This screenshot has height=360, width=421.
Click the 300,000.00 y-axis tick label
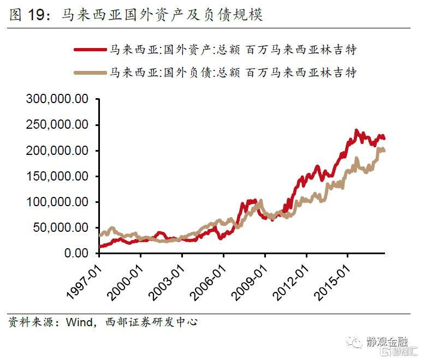pyautogui.click(x=57, y=99)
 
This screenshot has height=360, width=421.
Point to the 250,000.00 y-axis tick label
pyautogui.click(x=57, y=125)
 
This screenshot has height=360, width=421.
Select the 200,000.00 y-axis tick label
pyautogui.click(x=57, y=151)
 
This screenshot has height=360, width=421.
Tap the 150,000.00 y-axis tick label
pyautogui.click(x=57, y=176)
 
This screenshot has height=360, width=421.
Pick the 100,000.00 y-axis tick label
pyautogui.click(x=57, y=202)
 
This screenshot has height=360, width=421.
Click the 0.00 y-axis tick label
pyautogui.click(x=77, y=253)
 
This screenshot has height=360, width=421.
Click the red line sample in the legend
pyautogui.click(x=90, y=49)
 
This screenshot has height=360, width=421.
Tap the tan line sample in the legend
pyautogui.click(x=90, y=71)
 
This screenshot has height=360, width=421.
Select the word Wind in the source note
pyautogui.click(x=78, y=322)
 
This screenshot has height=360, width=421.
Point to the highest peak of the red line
pyautogui.click(x=357, y=131)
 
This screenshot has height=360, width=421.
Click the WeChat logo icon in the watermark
pyautogui.click(x=355, y=342)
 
